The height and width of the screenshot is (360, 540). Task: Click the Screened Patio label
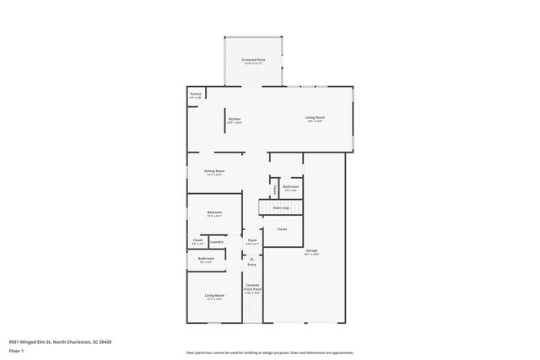253,60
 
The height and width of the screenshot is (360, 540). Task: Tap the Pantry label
195,94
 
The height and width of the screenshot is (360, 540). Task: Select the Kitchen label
235,119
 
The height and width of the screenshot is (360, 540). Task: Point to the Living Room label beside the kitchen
315,117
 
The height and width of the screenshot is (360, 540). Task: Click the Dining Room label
214,171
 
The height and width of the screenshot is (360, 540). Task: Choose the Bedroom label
214,212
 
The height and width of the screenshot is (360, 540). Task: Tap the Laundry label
217,242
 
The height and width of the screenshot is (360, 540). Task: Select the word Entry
251,265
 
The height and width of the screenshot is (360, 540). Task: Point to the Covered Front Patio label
252,287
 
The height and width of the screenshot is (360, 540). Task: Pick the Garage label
311,250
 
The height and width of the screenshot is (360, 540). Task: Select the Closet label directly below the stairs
282,228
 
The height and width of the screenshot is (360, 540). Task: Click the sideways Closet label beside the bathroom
274,189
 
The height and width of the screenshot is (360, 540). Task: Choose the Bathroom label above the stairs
291,186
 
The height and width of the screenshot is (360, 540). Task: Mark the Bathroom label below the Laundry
206,258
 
